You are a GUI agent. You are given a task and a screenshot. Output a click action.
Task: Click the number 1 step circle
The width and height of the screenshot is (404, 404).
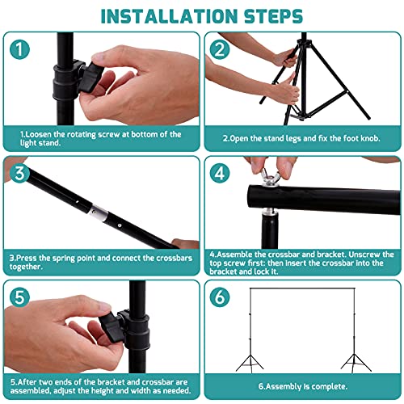(x=19, y=49)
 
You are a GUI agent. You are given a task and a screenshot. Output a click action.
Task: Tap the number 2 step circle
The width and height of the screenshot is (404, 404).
(x=220, y=49)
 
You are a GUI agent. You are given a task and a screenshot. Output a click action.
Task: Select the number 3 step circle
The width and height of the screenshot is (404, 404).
(x=19, y=173)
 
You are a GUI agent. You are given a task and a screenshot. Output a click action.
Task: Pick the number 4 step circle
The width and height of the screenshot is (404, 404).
(x=220, y=173)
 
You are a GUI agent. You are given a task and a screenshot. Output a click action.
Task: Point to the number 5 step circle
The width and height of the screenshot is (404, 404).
(x=19, y=297)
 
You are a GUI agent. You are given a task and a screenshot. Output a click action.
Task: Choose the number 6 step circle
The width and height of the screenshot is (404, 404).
(x=220, y=297)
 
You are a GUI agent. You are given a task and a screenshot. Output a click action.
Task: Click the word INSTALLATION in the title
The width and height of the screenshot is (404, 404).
(x=169, y=16)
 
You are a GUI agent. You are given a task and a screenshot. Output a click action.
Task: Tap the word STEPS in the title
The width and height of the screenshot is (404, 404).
(x=273, y=16)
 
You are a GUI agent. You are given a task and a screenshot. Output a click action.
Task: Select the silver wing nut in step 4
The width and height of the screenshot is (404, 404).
(x=268, y=177)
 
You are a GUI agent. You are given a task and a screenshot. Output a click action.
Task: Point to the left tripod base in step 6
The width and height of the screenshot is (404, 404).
(x=250, y=364)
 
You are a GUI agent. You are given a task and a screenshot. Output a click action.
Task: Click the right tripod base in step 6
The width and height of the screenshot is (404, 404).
(x=355, y=364)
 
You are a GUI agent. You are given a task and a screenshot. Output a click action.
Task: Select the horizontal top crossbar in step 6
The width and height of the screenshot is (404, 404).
(x=302, y=288)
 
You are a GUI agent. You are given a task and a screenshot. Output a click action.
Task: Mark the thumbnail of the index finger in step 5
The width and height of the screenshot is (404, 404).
(x=103, y=306)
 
